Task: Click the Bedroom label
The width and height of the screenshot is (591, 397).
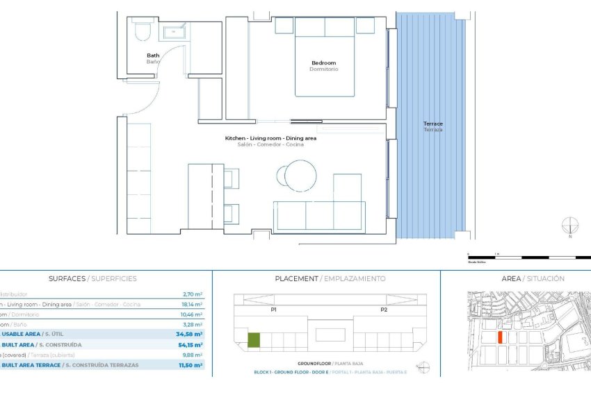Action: click(x=323, y=63)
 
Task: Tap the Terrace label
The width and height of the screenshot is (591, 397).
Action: click(x=432, y=124)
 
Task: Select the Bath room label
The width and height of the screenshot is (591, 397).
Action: click(x=153, y=56)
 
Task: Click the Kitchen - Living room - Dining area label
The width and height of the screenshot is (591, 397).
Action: click(x=270, y=138)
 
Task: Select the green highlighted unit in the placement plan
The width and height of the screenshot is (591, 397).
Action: click(x=254, y=340)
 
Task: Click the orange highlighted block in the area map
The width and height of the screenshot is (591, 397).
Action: click(x=500, y=337)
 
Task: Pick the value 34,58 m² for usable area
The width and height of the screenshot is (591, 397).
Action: click(x=188, y=334)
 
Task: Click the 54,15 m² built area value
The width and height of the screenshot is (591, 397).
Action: click(x=188, y=344)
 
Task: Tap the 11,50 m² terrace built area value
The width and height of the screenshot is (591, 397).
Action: click(x=188, y=364)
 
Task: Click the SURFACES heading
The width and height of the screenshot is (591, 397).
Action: click(x=92, y=278)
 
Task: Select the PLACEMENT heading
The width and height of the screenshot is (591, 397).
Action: click(x=330, y=278)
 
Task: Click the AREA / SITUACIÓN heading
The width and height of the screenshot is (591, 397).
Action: click(x=533, y=278)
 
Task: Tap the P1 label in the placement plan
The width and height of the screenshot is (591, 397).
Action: click(x=274, y=310)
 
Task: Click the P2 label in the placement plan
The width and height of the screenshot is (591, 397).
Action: click(x=382, y=310)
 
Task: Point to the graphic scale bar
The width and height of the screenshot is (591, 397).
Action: click(x=528, y=257)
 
